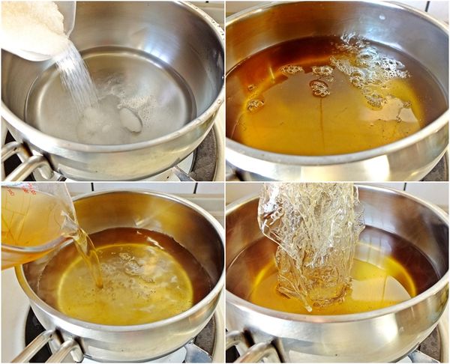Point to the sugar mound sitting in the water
tap(101, 124)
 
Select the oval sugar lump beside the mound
tap(130, 120)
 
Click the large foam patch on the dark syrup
tap(367, 71)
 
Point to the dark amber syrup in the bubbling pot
tap(300, 120)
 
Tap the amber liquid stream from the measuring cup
tap(91, 258)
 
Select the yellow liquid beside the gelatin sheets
tap(375, 288)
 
